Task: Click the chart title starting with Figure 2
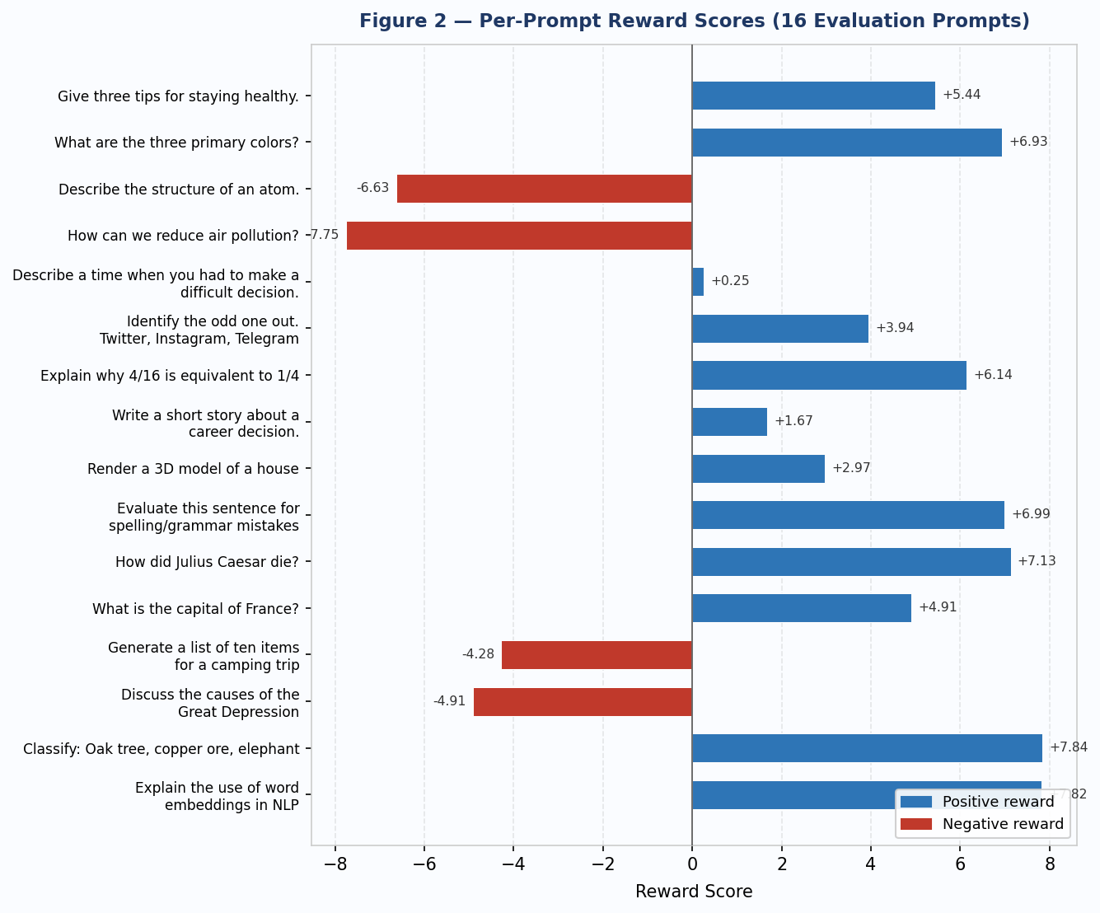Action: tap(694, 21)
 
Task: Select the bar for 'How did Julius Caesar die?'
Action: tap(851, 562)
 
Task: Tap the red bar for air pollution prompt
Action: tap(519, 236)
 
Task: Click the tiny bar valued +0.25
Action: tap(698, 282)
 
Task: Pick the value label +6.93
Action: tap(1028, 142)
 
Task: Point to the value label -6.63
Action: tap(372, 188)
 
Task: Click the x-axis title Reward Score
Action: tap(694, 892)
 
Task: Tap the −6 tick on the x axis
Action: tap(424, 864)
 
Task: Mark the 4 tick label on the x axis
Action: tap(870, 864)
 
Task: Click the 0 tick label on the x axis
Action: tap(692, 864)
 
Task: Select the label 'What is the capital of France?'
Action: tap(195, 609)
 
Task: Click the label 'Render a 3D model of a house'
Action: tap(193, 469)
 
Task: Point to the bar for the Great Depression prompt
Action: tap(583, 702)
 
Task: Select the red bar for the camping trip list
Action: tap(597, 655)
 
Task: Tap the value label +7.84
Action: tap(1068, 747)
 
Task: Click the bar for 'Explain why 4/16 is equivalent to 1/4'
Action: tap(829, 376)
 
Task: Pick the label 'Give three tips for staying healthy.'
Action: tap(178, 96)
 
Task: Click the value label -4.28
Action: tap(478, 654)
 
